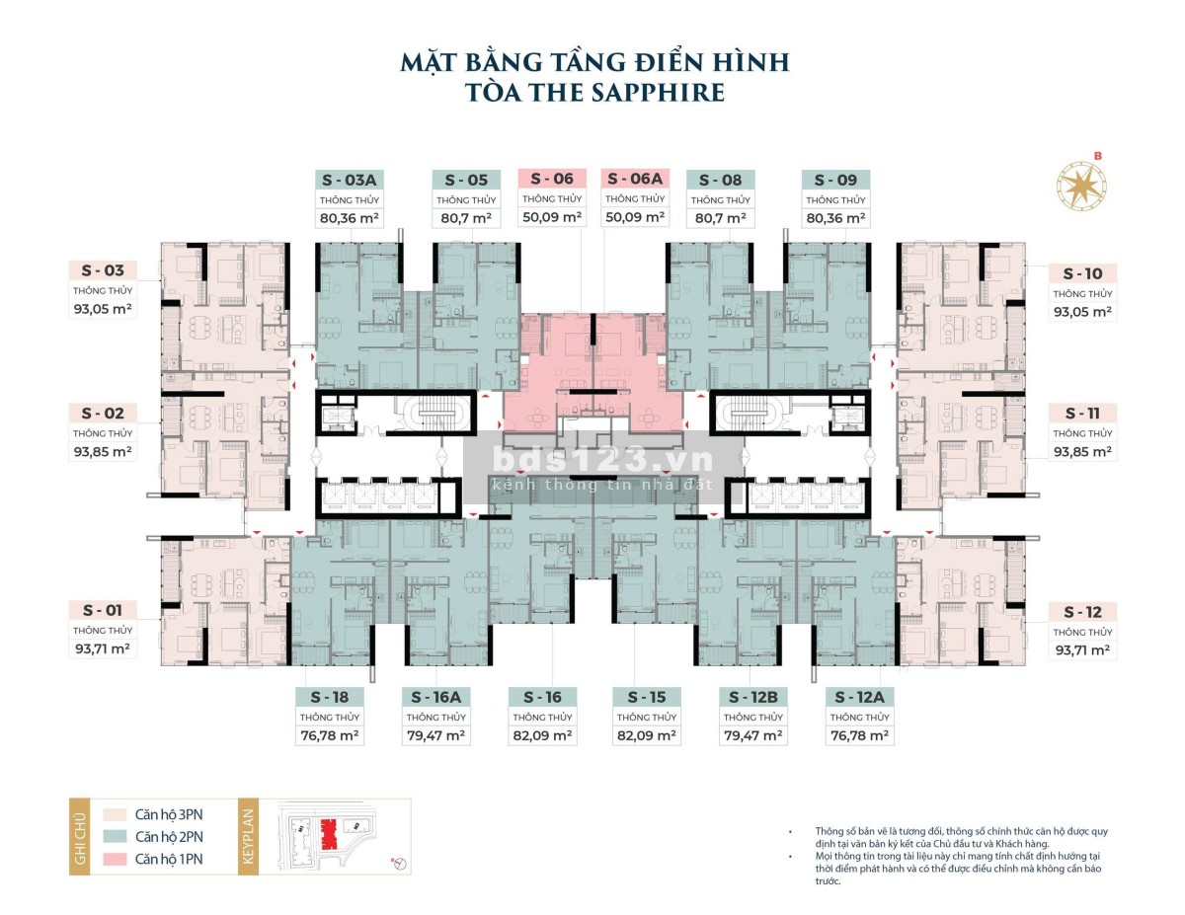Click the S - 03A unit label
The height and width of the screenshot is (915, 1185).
tap(349, 180)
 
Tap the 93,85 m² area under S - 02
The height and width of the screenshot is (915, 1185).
tap(103, 452)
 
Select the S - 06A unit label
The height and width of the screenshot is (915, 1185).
tap(635, 179)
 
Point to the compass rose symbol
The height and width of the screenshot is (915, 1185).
tap(1081, 186)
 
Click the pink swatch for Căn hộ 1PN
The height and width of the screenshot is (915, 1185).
tap(115, 859)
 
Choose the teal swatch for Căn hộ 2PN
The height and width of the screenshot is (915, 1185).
tap(115, 836)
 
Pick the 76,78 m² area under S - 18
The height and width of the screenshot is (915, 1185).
tap(330, 735)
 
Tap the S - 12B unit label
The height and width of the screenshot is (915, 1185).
tap(753, 697)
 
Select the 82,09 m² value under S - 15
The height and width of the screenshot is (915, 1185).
tap(646, 735)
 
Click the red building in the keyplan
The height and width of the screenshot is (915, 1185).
tap(328, 834)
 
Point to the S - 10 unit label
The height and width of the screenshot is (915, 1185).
tap(1082, 273)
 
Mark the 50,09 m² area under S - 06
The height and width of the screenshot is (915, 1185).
tap(552, 217)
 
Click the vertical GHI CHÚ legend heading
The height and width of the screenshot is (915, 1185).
tap(80, 837)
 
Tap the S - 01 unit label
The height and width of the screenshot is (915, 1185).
tap(103, 610)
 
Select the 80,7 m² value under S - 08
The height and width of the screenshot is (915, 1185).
tap(720, 218)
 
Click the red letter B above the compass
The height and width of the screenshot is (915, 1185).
tap(1098, 156)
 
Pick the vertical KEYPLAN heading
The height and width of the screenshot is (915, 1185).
tap(249, 836)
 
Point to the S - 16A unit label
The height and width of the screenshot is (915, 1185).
tap(435, 697)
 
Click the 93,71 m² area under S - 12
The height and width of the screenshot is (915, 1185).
tap(1082, 650)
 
